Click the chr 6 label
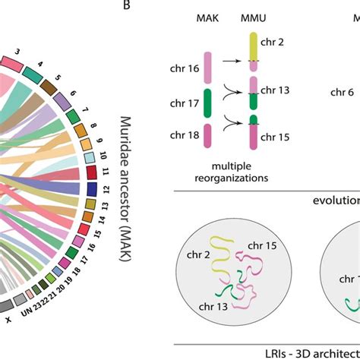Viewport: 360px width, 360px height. pyautogui.click(x=343, y=93)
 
